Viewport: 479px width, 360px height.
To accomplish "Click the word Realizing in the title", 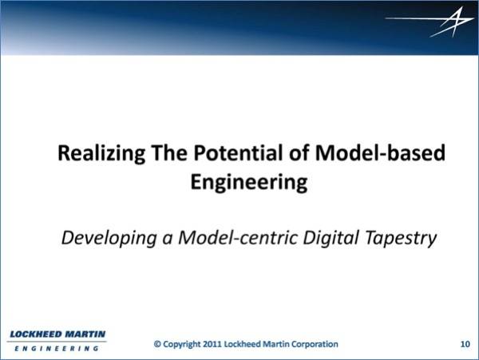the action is tap(101, 153).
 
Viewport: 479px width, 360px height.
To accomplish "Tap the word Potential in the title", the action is tap(239, 152).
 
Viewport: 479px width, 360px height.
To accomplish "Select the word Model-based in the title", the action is tap(380, 152).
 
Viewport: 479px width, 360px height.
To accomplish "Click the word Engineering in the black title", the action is tap(249, 183).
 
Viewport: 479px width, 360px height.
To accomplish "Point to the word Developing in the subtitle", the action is tap(109, 239).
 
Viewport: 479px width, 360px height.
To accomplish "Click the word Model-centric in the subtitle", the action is tap(238, 237).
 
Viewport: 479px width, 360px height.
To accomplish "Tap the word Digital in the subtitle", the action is tap(331, 238).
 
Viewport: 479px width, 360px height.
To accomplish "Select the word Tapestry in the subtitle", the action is tap(401, 239).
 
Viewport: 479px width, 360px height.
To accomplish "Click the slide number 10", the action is tap(465, 344).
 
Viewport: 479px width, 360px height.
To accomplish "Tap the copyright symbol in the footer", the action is tap(157, 344).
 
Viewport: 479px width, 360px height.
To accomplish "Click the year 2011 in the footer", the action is tap(212, 344).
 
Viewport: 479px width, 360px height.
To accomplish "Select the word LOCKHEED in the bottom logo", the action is tap(36, 334).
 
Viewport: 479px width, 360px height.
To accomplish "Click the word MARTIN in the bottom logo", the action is tap(85, 334).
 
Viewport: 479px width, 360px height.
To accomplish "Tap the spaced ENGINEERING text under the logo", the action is tap(57, 348).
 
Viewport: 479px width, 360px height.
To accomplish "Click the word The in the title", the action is tap(169, 152).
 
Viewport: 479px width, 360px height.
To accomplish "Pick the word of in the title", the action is tap(299, 152).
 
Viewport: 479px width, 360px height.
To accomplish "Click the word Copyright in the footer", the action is tap(182, 345).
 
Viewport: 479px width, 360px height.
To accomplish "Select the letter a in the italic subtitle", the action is tap(167, 240).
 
